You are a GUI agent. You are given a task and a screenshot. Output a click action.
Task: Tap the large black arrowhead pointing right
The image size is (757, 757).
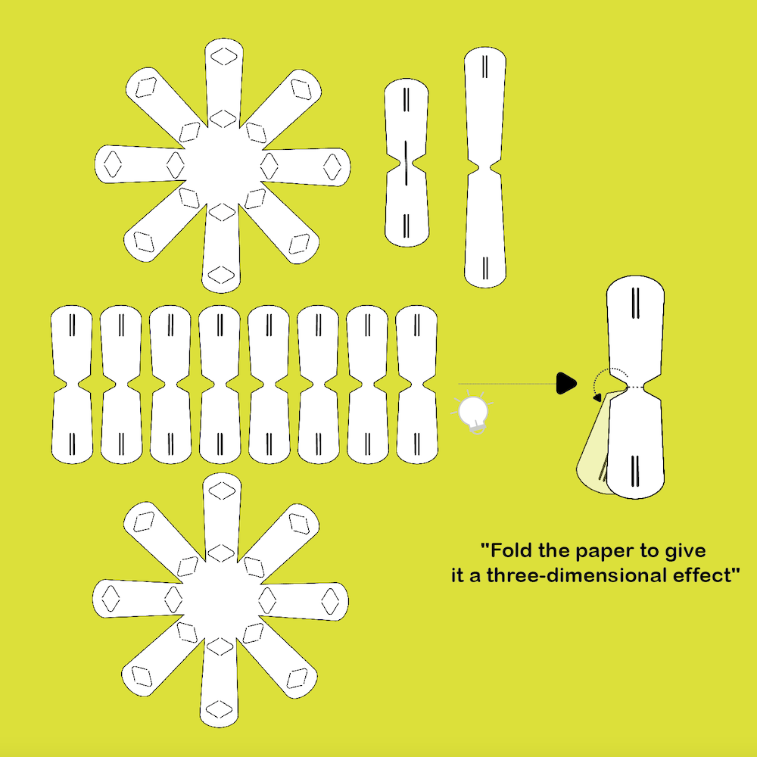click(566, 383)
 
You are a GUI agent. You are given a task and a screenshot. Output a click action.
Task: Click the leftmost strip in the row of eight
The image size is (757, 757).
click(72, 385)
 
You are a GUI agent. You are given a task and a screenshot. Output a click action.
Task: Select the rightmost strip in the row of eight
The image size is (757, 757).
click(416, 385)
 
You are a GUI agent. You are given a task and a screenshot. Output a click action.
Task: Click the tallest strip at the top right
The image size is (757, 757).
click(485, 167)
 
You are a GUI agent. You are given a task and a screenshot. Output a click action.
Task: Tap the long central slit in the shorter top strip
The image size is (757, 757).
click(406, 163)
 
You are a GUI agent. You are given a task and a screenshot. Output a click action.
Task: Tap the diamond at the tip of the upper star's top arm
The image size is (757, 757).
click(224, 57)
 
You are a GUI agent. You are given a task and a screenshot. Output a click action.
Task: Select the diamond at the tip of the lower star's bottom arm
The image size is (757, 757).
click(220, 709)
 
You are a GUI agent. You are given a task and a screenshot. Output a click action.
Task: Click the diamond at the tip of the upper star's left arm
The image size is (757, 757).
click(113, 164)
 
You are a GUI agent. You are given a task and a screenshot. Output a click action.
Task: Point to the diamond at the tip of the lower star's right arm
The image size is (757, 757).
click(330, 601)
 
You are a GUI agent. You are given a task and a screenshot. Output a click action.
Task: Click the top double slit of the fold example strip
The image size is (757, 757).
click(636, 304)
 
